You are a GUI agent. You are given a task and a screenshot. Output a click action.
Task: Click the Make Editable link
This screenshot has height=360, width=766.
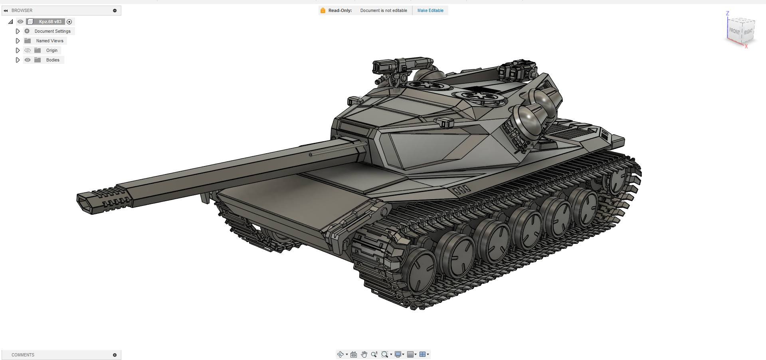[x=430, y=10]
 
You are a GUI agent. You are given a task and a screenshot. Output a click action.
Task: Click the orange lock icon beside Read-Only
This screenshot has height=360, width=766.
[x=323, y=10]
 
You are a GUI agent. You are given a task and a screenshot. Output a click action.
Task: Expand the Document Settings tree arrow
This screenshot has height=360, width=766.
[x=18, y=31]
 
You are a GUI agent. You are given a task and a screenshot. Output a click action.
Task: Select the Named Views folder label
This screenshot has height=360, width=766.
[x=49, y=41]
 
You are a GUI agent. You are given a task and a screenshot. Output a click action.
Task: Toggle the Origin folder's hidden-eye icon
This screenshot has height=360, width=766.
[x=27, y=50]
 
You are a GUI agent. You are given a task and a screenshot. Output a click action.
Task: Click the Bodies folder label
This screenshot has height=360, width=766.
[x=52, y=60]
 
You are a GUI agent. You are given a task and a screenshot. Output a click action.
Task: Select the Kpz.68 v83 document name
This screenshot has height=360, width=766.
[x=50, y=22]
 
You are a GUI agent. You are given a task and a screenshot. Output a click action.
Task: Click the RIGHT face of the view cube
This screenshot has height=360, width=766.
[x=748, y=32]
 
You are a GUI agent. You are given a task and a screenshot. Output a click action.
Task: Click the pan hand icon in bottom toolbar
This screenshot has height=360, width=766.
[x=364, y=354]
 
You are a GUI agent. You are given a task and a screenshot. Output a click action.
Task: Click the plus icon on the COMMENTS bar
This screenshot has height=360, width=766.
[x=115, y=355]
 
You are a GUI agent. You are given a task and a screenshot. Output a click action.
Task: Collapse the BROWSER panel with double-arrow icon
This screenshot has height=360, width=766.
[x=6, y=10]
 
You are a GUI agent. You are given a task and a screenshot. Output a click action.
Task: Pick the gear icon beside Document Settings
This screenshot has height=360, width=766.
[x=27, y=31]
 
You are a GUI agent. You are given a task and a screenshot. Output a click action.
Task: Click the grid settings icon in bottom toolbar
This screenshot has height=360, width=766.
[x=410, y=354]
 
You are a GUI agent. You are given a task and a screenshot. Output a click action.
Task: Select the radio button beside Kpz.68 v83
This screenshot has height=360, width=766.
[x=69, y=22]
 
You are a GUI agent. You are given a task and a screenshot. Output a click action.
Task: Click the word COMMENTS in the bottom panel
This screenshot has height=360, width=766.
[x=23, y=355]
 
